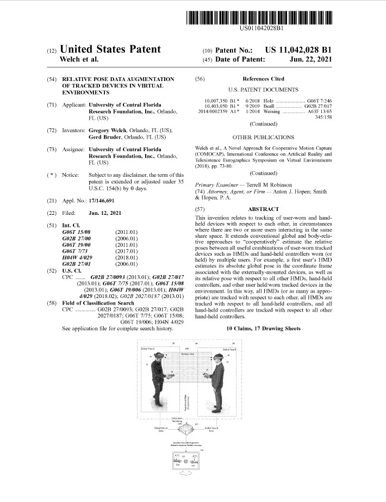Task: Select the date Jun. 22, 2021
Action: [310, 59]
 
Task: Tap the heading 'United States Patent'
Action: [110, 49]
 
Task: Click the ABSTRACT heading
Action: [263, 209]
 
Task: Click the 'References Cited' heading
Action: [263, 79]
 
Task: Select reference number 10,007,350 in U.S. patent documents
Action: [217, 101]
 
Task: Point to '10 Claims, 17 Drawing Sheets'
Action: [263, 329]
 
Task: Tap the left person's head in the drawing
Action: [157, 360]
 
